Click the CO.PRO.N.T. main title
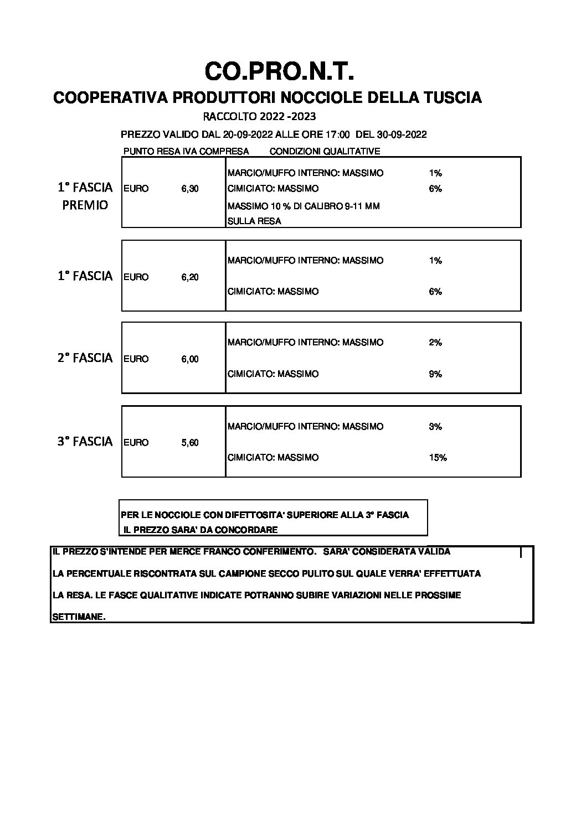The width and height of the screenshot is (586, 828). (279, 73)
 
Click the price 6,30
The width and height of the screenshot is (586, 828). (189, 189)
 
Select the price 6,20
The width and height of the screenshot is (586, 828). (189, 277)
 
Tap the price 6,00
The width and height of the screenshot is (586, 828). (189, 359)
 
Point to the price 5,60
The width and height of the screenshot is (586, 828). (189, 442)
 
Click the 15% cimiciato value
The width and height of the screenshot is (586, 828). (438, 458)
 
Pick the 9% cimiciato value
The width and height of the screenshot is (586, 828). (435, 374)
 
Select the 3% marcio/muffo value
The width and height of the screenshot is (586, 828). (435, 427)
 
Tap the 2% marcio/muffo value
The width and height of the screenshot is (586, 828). (435, 343)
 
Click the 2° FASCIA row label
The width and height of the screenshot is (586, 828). (85, 358)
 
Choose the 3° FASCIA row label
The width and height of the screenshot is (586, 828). (85, 442)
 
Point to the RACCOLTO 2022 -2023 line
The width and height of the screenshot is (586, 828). (259, 117)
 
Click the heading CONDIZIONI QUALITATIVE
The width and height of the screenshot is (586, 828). (325, 151)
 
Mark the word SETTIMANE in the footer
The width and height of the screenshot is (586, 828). (78, 617)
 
